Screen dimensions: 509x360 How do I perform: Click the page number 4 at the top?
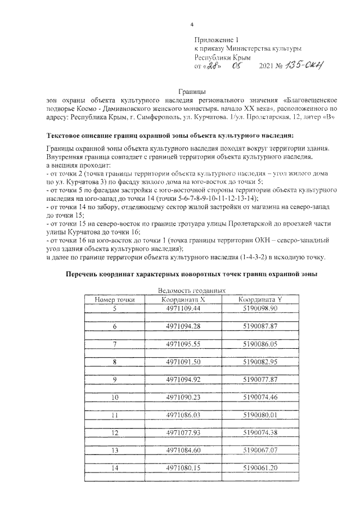[192, 25]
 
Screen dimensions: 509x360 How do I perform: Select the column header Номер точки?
[115, 300]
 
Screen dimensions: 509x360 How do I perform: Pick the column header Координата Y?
[260, 300]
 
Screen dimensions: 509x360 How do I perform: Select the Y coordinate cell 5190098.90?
[260, 309]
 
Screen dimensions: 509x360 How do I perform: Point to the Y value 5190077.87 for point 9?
[260, 380]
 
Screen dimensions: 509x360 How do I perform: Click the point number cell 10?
[115, 397]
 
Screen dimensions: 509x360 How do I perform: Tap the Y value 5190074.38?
[260, 433]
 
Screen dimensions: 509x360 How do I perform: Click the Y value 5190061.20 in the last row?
[260, 468]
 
